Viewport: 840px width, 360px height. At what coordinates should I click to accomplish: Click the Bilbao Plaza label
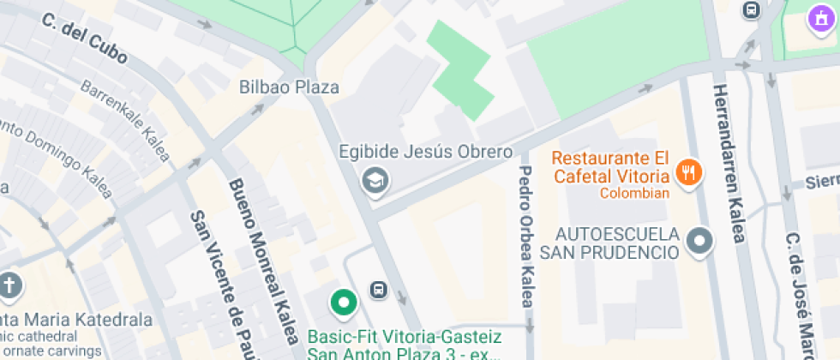289,87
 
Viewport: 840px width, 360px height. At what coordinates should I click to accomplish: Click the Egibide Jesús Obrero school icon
375,181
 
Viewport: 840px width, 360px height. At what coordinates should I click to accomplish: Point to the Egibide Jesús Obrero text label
425,153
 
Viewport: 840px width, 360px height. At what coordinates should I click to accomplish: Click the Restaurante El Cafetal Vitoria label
610,167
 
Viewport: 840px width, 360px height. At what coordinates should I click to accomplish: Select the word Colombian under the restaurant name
634,193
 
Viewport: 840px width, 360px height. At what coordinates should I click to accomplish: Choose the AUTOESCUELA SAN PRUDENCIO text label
617,243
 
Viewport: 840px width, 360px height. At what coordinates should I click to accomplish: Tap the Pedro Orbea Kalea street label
526,236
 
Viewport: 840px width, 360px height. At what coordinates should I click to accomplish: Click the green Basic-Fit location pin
344,303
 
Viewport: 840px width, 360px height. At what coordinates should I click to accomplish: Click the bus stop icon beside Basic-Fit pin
378,290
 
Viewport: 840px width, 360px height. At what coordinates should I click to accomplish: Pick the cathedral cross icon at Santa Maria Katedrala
9,285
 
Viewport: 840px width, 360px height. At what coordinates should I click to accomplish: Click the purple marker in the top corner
822,17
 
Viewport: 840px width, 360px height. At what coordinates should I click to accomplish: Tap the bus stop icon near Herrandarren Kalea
752,10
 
